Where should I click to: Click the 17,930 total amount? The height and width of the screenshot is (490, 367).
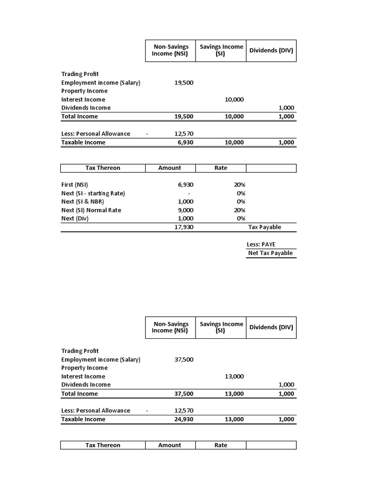point(184,227)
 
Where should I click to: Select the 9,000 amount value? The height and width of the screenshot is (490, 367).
point(185,210)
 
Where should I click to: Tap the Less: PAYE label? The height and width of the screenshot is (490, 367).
point(261,245)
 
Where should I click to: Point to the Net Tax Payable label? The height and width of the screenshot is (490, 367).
point(270,253)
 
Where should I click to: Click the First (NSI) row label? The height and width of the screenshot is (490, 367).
point(75,185)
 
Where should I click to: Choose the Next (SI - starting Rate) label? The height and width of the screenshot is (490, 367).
point(93,193)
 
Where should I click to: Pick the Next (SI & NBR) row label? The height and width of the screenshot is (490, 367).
point(83,202)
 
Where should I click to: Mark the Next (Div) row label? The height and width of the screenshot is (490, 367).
point(75,219)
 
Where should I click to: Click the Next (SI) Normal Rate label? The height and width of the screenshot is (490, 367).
point(91,210)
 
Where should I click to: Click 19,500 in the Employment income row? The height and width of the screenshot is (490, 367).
point(184,83)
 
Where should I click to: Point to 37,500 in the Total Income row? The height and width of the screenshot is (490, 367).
point(184,394)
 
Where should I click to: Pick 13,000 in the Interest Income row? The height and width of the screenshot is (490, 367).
point(234,377)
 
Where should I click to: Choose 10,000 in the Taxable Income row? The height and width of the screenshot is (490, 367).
point(234,143)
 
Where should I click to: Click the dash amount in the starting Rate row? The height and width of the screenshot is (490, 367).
point(189,193)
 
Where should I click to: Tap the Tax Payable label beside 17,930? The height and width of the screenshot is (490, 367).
point(264,227)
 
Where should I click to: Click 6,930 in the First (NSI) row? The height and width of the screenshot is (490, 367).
point(185,185)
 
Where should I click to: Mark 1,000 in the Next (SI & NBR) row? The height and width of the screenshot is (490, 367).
point(185,202)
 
